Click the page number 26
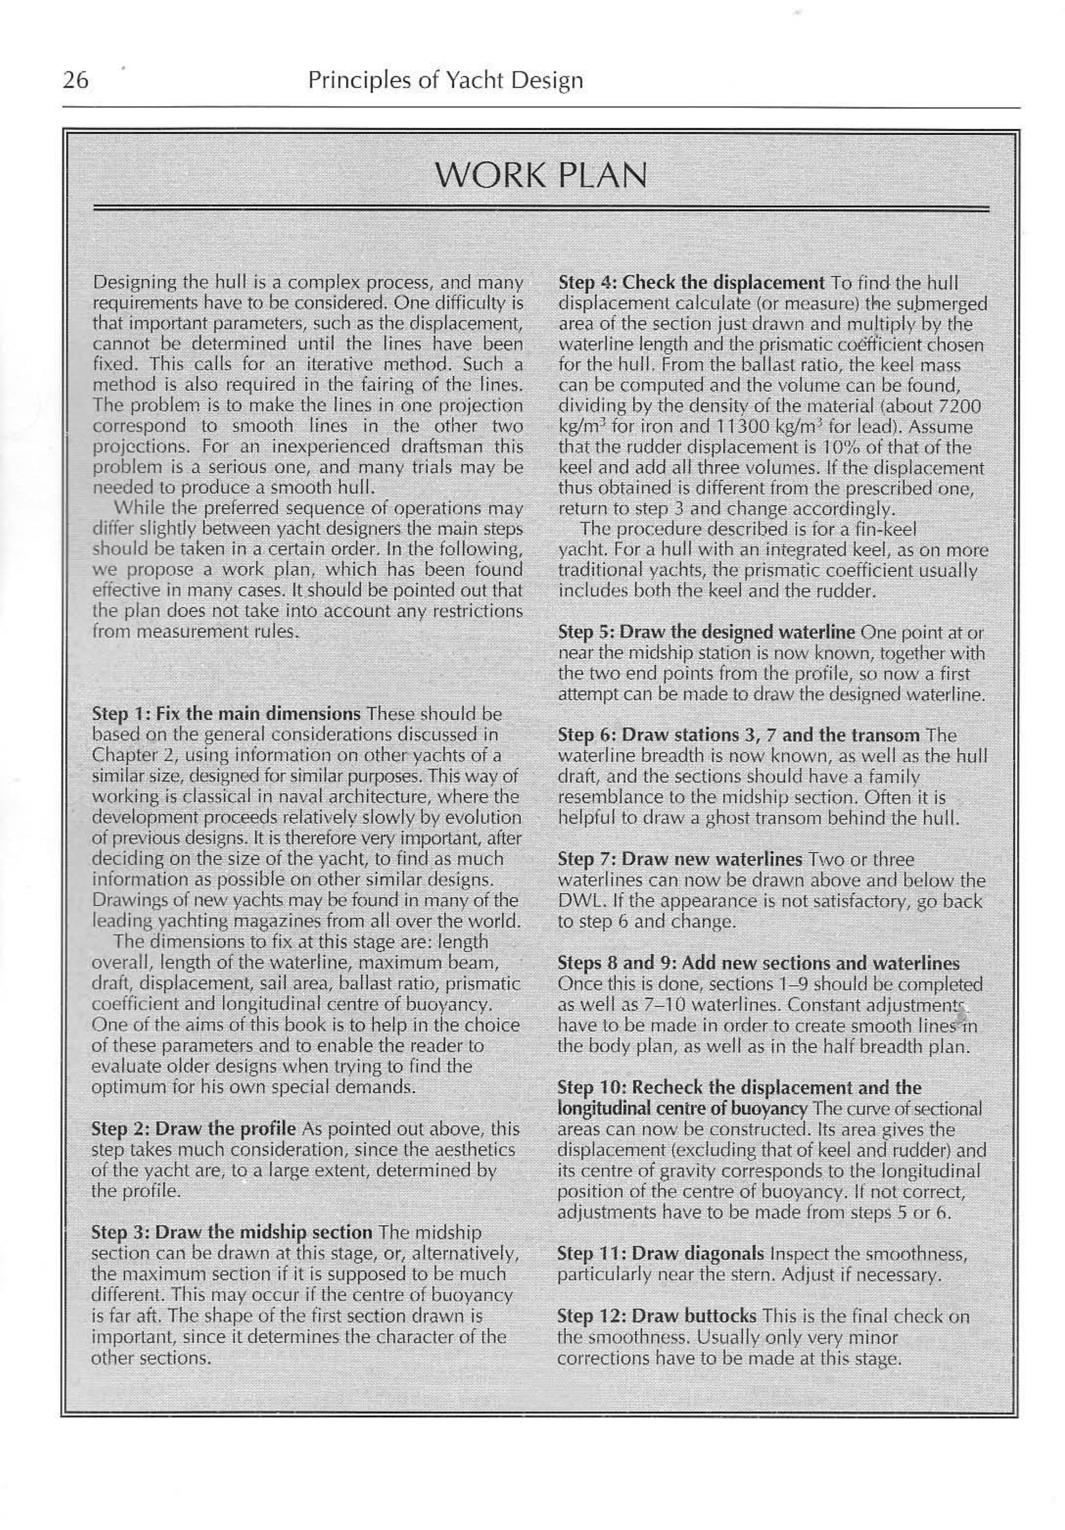pos(75,81)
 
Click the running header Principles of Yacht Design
pos(445,81)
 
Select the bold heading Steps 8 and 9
pos(758,963)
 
